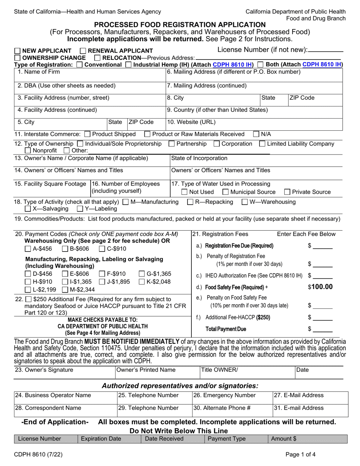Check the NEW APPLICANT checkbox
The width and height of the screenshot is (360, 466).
[17, 51]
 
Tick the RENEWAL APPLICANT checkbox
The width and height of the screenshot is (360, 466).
[83, 51]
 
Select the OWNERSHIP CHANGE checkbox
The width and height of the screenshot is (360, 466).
[17, 58]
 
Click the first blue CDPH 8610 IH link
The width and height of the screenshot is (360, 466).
[233, 65]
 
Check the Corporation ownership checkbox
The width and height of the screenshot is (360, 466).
[216, 144]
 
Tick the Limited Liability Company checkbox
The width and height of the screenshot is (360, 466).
[262, 144]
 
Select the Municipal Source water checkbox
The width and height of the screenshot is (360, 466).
[225, 192]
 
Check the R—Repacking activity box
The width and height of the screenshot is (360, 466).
[191, 202]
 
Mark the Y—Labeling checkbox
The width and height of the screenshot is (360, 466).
[80, 209]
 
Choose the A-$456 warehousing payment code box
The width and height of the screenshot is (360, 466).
[28, 249]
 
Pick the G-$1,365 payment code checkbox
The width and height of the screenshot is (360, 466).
[142, 274]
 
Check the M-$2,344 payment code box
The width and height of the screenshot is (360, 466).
[65, 290]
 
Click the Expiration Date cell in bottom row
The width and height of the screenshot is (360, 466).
[109, 439]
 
